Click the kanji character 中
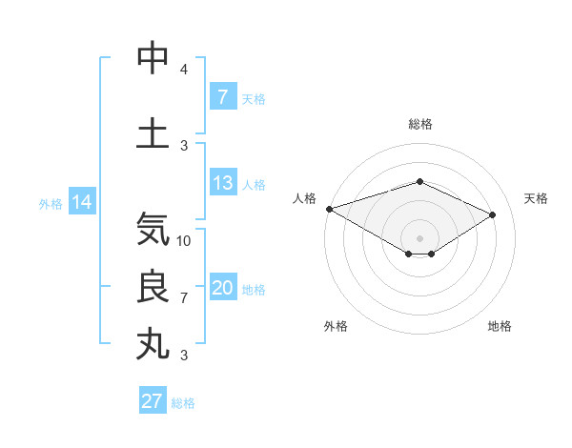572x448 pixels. click(x=153, y=58)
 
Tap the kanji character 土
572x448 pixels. click(x=153, y=132)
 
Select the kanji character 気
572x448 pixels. click(x=153, y=229)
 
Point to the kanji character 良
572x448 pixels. click(x=153, y=287)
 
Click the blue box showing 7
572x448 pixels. click(x=222, y=97)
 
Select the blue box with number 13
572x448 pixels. click(x=222, y=183)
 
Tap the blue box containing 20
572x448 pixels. click(x=222, y=288)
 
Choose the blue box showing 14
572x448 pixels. click(x=82, y=202)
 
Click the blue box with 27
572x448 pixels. click(x=153, y=401)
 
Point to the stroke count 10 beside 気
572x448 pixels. click(x=184, y=241)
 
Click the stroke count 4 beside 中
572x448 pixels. click(x=184, y=70)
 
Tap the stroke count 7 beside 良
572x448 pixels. click(x=184, y=298)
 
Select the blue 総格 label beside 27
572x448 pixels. click(x=183, y=403)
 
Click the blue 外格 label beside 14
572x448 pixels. click(x=50, y=203)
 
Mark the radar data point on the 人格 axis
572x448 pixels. click(x=329, y=209)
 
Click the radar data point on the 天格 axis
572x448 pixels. click(x=493, y=215)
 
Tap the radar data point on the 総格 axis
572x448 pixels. click(x=419, y=181)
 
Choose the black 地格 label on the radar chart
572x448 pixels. click(x=500, y=326)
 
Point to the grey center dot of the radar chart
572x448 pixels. click(x=419, y=236)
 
